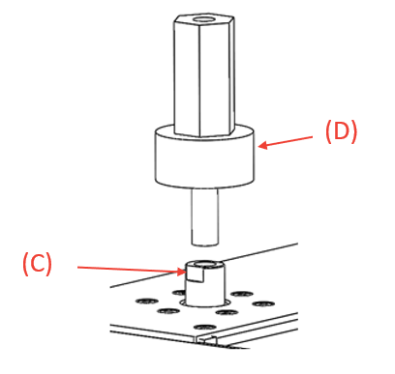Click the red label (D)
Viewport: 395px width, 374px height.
pos(341,131)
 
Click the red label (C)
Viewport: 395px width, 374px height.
pos(37,264)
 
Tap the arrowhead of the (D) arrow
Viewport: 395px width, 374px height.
pos(262,145)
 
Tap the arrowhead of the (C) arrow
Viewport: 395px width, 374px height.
pos(182,272)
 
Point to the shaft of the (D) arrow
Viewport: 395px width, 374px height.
pos(286,141)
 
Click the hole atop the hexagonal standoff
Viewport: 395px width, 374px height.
pos(203,20)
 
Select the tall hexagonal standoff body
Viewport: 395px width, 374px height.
pos(203,75)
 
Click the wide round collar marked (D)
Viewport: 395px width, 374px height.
pos(204,157)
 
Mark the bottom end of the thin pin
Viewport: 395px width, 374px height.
pos(205,244)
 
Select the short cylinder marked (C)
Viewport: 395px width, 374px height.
pos(204,283)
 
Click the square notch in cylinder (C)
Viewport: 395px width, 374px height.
pos(196,275)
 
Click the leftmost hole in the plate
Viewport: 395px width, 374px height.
pos(147,302)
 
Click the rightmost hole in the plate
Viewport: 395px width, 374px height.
pos(263,303)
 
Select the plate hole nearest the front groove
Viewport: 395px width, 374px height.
pos(204,328)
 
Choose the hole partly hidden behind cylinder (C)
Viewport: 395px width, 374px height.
pos(178,293)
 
